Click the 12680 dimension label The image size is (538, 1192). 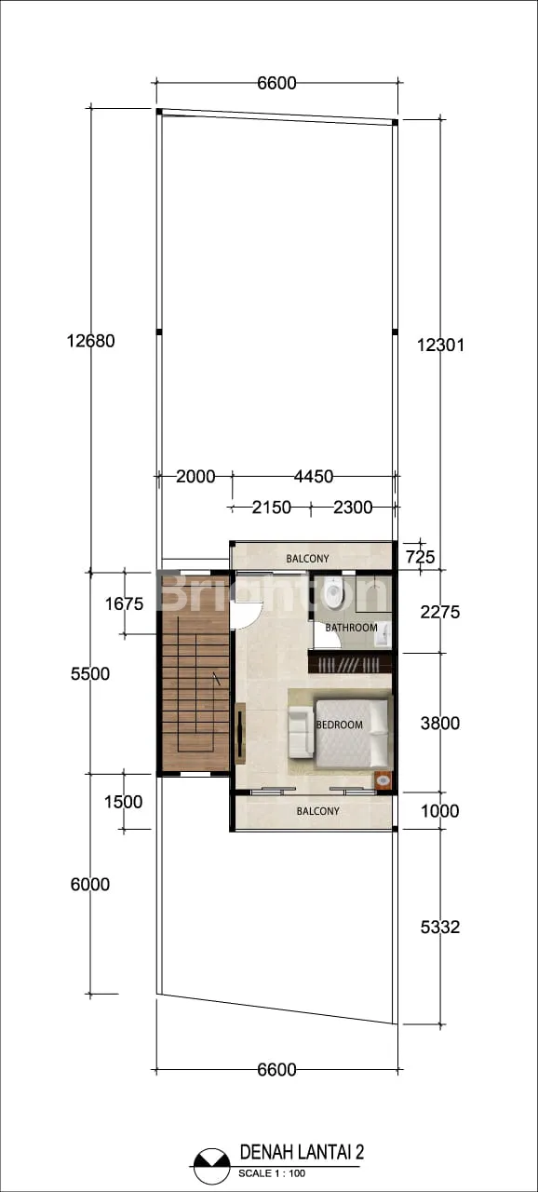pyautogui.click(x=91, y=341)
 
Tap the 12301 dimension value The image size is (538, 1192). pyautogui.click(x=440, y=345)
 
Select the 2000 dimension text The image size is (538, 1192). pyautogui.click(x=195, y=476)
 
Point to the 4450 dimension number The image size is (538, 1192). pyautogui.click(x=314, y=476)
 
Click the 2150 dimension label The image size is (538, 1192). pyautogui.click(x=272, y=508)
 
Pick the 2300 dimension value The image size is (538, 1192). pyautogui.click(x=353, y=508)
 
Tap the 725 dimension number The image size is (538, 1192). pyautogui.click(x=420, y=557)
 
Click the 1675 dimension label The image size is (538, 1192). pyautogui.click(x=125, y=604)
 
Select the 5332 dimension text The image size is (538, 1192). pyautogui.click(x=440, y=928)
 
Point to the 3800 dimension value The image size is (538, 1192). pyautogui.click(x=440, y=724)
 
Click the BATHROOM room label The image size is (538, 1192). pyautogui.click(x=352, y=628)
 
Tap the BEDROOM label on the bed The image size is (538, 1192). pyautogui.click(x=340, y=725)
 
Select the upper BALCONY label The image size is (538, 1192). pyautogui.click(x=307, y=559)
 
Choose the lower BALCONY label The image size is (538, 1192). pyautogui.click(x=318, y=811)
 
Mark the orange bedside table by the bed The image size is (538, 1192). pyautogui.click(x=383, y=780)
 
